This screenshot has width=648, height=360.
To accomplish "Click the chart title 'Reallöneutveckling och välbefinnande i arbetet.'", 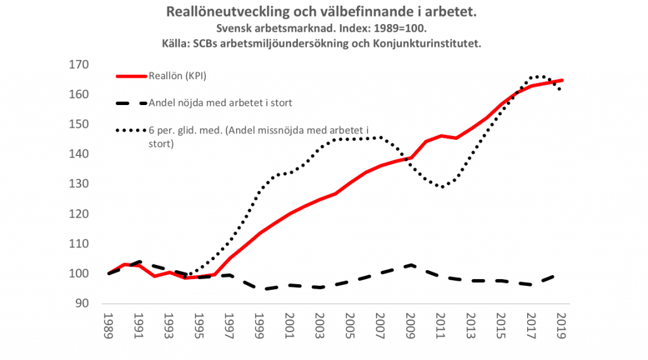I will tap(320, 12).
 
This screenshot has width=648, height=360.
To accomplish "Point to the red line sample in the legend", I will tap(132, 77).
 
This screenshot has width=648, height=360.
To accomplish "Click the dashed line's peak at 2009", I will tap(410, 265).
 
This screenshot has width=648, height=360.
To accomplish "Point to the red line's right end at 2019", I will tap(562, 80).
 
